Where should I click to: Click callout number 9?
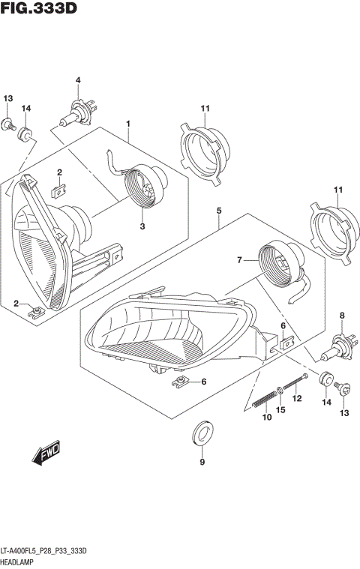tap(201, 462)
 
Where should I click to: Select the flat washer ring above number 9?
tap(202, 432)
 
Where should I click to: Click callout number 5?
tap(218, 211)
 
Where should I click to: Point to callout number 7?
tap(240, 260)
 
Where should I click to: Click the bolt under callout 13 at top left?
tap(9, 123)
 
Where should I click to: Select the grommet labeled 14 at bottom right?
tap(326, 379)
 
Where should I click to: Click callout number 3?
tap(142, 226)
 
